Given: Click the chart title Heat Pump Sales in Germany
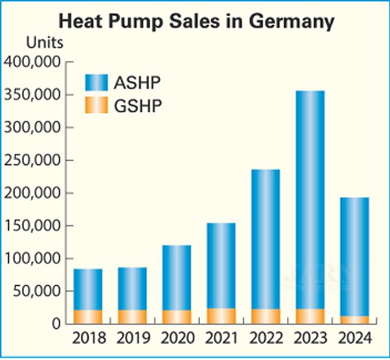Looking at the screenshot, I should [x=196, y=21].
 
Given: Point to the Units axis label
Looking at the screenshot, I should [x=44, y=44].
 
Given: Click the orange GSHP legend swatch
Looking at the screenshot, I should [x=96, y=105].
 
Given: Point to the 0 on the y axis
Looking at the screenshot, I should [x=56, y=324].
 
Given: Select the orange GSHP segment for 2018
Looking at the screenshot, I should [x=88, y=317].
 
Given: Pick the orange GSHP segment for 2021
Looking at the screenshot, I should [x=221, y=316].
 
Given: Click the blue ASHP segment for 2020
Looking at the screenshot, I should [x=177, y=278].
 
